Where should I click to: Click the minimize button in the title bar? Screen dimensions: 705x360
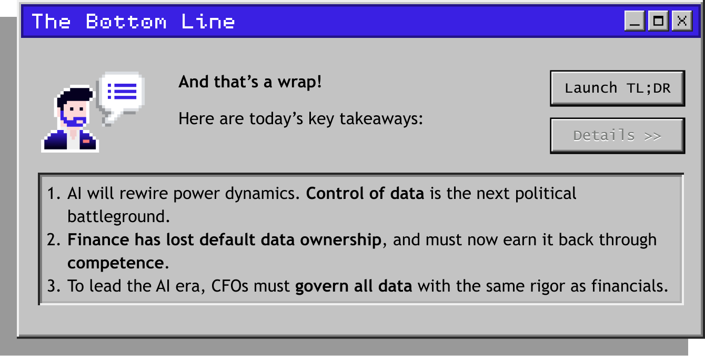click(x=634, y=21)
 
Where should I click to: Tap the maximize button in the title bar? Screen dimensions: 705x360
click(x=658, y=21)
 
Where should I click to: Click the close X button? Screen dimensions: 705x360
click(x=682, y=21)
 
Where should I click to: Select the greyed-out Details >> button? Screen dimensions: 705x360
click(x=618, y=136)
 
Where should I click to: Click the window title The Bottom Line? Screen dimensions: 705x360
click(x=133, y=22)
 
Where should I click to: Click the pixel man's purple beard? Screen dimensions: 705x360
click(x=74, y=120)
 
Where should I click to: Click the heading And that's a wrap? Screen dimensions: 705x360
click(x=250, y=82)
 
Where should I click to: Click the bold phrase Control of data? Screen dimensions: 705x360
click(x=365, y=193)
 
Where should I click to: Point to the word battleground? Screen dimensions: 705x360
click(x=118, y=217)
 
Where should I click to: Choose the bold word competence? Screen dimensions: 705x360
click(x=116, y=263)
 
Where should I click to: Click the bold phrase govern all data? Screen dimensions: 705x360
click(x=354, y=286)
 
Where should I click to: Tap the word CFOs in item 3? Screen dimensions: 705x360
click(x=229, y=286)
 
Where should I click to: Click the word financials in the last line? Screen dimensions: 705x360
click(x=629, y=286)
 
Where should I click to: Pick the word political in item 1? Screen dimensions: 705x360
click(x=546, y=193)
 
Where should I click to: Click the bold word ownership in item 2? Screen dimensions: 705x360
click(x=340, y=240)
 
